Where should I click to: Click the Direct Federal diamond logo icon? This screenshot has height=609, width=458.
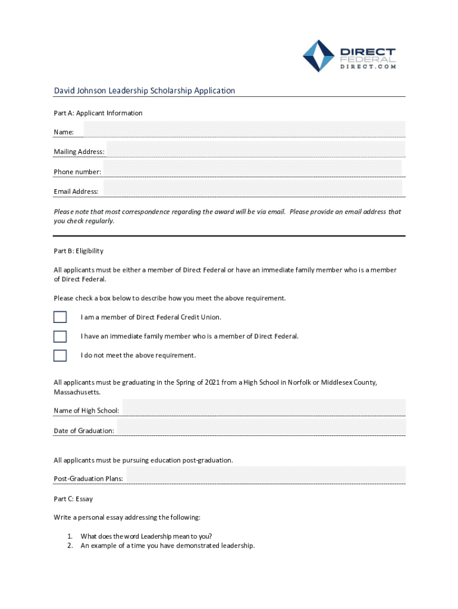(319, 56)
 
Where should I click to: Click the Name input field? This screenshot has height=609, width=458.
(244, 130)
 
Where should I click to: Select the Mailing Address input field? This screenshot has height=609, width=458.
(256, 149)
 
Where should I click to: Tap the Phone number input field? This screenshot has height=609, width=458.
(253, 169)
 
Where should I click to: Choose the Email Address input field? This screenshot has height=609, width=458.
(253, 189)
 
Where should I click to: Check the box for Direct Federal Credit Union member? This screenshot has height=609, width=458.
(60, 317)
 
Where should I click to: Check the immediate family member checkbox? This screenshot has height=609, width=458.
(60, 336)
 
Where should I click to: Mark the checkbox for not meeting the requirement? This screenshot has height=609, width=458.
(60, 355)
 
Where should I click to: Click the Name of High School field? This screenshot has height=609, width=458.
(263, 408)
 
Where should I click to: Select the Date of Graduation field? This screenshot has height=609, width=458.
(261, 428)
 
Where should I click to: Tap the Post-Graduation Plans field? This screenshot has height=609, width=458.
(265, 475)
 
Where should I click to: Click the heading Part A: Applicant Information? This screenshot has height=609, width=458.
(98, 113)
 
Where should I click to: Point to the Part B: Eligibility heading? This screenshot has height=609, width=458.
(79, 251)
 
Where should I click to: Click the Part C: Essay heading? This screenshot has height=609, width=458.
(73, 499)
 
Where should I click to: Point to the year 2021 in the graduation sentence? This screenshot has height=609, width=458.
(213, 382)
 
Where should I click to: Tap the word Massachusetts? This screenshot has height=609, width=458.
(77, 393)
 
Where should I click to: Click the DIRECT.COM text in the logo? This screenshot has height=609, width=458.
(368, 67)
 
